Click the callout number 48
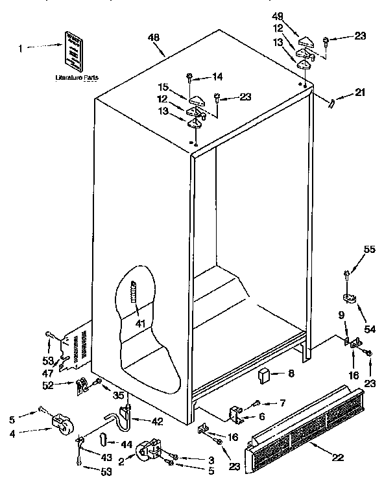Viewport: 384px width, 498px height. tap(154, 38)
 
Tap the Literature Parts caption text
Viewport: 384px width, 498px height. tap(77, 77)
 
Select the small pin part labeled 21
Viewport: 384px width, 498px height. tap(332, 102)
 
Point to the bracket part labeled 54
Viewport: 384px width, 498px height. tap(349, 298)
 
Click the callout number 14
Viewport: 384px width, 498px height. tap(217, 77)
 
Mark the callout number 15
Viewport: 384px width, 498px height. tap(163, 86)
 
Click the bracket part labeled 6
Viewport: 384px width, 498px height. tap(237, 412)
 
